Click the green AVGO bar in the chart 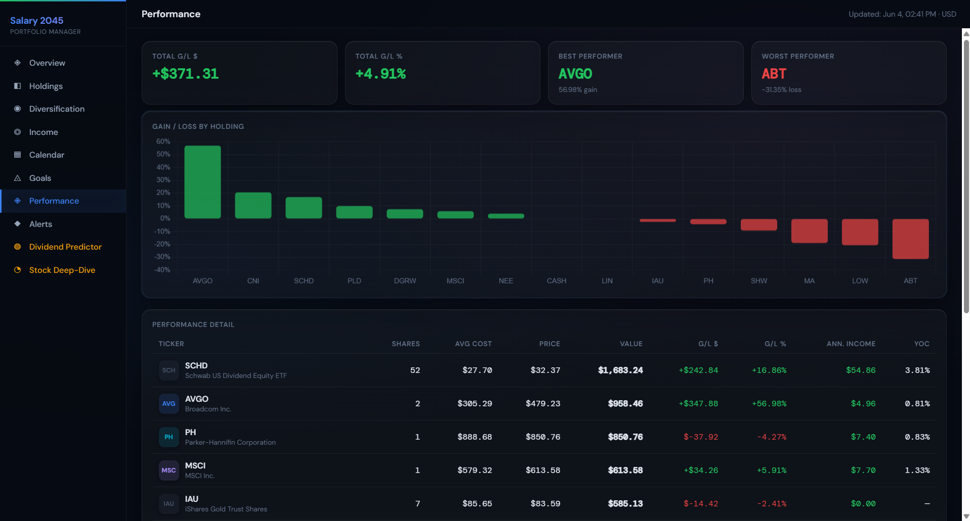click(202, 182)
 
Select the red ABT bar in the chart click(910, 239)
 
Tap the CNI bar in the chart click(253, 205)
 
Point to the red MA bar click(809, 230)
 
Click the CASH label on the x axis click(556, 281)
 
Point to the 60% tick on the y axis click(163, 141)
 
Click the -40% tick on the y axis click(162, 270)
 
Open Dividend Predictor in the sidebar click(65, 247)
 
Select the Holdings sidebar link click(46, 86)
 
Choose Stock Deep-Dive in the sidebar click(62, 270)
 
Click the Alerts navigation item click(40, 224)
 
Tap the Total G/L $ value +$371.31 click(186, 74)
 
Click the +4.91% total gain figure click(381, 74)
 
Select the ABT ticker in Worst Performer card click(774, 74)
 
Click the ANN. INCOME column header click(851, 344)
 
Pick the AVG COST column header click(473, 344)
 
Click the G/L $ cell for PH click(701, 437)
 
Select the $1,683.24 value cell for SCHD click(620, 370)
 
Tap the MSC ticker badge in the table click(168, 470)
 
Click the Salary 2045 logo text click(36, 20)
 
